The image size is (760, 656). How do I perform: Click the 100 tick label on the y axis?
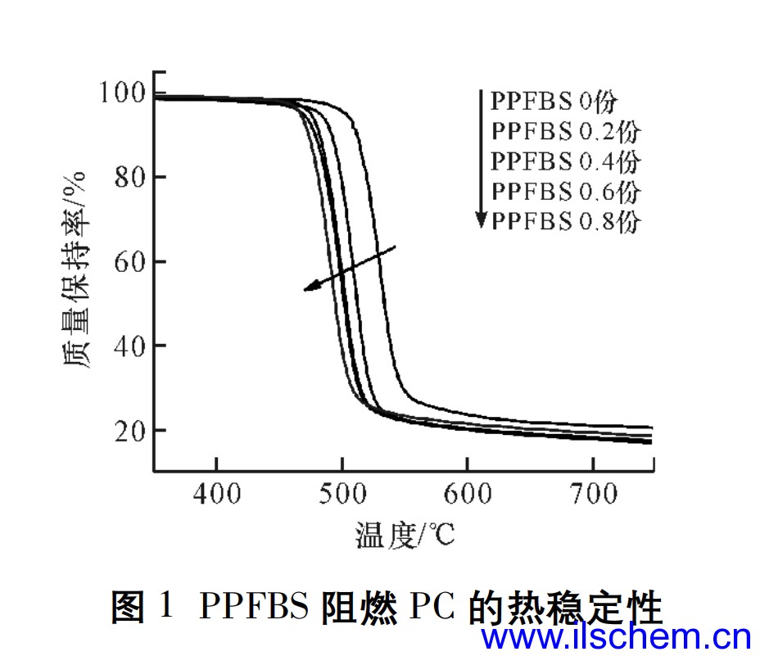(x=121, y=93)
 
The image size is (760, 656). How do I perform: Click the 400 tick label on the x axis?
(x=216, y=494)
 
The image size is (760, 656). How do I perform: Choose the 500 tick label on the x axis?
(x=342, y=494)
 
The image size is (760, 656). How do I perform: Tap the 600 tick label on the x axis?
(x=467, y=494)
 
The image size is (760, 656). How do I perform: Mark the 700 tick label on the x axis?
(x=592, y=494)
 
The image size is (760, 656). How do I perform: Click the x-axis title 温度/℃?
(x=405, y=536)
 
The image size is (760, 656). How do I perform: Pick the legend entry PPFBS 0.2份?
(x=565, y=131)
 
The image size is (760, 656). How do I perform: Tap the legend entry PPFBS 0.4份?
(x=565, y=161)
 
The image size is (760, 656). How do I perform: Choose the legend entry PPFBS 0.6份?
(x=565, y=191)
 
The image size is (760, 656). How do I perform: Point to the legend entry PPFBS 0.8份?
(x=565, y=221)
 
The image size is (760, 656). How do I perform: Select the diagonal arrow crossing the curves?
(x=351, y=267)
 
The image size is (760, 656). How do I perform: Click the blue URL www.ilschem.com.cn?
(x=616, y=637)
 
